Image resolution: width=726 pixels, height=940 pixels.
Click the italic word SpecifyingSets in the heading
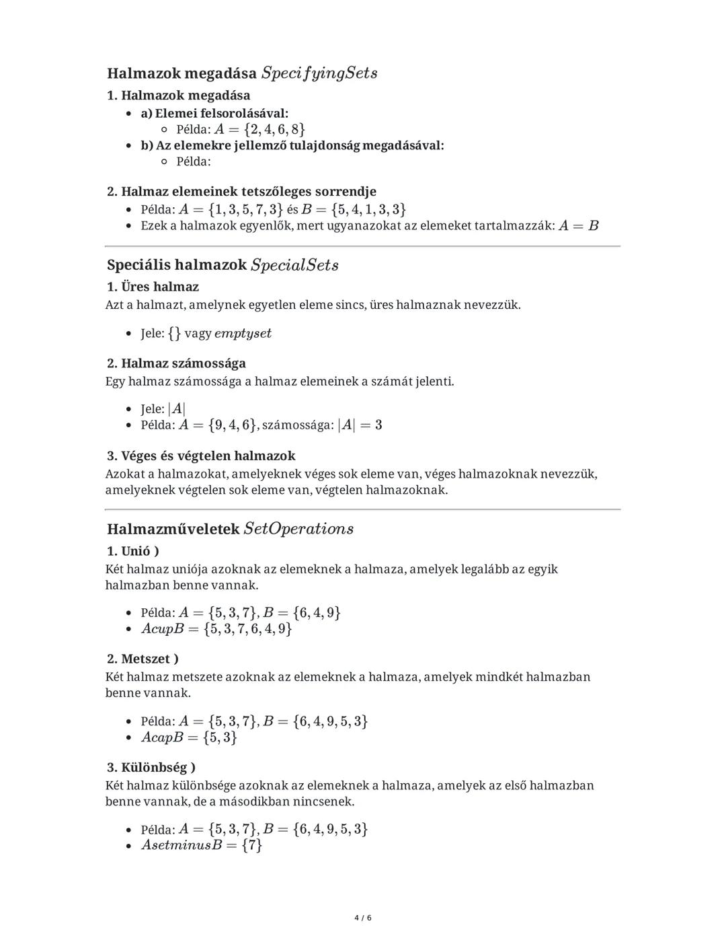(x=319, y=73)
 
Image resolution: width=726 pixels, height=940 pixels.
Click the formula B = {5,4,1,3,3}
(x=354, y=209)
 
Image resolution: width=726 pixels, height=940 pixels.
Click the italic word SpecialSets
(x=294, y=265)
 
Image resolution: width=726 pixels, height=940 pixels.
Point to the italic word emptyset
(x=243, y=333)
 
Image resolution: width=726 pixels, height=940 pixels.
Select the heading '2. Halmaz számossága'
(x=176, y=363)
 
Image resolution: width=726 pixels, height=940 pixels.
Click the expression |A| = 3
(x=360, y=425)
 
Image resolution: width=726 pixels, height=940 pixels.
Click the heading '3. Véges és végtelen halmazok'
(x=201, y=456)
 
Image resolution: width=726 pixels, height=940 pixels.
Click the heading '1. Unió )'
(x=133, y=551)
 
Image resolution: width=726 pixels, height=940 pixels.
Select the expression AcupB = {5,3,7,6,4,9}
(x=216, y=629)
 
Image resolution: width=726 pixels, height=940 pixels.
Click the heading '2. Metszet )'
(x=143, y=659)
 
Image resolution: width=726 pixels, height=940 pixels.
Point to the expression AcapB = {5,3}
(x=189, y=737)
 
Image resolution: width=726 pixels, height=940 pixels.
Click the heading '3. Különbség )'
(x=151, y=767)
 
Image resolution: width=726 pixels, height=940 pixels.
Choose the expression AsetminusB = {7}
(x=202, y=845)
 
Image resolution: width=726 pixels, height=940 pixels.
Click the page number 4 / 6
(x=363, y=918)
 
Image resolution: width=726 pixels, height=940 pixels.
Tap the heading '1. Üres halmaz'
(x=153, y=287)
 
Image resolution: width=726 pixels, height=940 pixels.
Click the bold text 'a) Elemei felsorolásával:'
(x=214, y=113)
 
